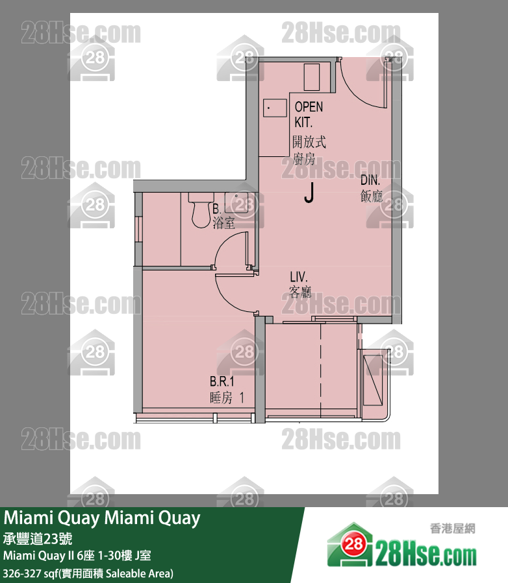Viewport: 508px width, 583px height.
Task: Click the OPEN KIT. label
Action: tap(308, 113)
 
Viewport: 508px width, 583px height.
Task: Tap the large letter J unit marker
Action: tap(309, 193)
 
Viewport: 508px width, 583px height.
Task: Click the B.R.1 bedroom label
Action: tap(222, 382)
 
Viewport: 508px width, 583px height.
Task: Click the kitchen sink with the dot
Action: tap(275, 108)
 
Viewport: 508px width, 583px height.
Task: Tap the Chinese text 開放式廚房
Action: tap(308, 150)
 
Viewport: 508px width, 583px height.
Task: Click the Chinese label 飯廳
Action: tap(372, 196)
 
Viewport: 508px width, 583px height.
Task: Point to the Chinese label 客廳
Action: tap(300, 292)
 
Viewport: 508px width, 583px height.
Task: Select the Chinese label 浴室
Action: tap(223, 223)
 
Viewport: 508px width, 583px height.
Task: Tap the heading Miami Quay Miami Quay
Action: tap(102, 519)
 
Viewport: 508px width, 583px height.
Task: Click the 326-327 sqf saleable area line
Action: tap(88, 573)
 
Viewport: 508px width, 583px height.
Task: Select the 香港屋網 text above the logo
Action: tap(452, 529)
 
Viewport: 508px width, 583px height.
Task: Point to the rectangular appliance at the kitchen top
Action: tap(312, 77)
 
